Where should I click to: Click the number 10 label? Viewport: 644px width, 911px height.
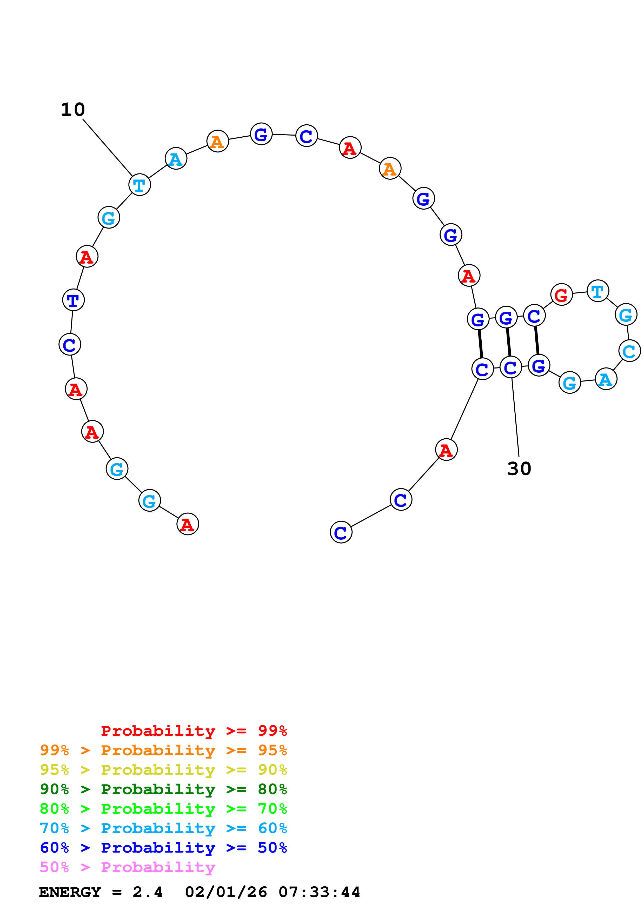tap(73, 110)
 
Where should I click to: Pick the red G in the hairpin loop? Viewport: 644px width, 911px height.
tap(561, 295)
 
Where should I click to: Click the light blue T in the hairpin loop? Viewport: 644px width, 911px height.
tap(597, 291)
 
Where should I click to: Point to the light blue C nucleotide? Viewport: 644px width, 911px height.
tap(629, 351)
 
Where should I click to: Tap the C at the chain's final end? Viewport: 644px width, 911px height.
tap(341, 532)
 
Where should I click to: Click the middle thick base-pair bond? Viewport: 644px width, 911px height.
tap(508, 342)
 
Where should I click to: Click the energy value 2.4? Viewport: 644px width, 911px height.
tap(147, 892)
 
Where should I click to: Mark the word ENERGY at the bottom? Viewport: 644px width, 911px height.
tap(70, 892)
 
